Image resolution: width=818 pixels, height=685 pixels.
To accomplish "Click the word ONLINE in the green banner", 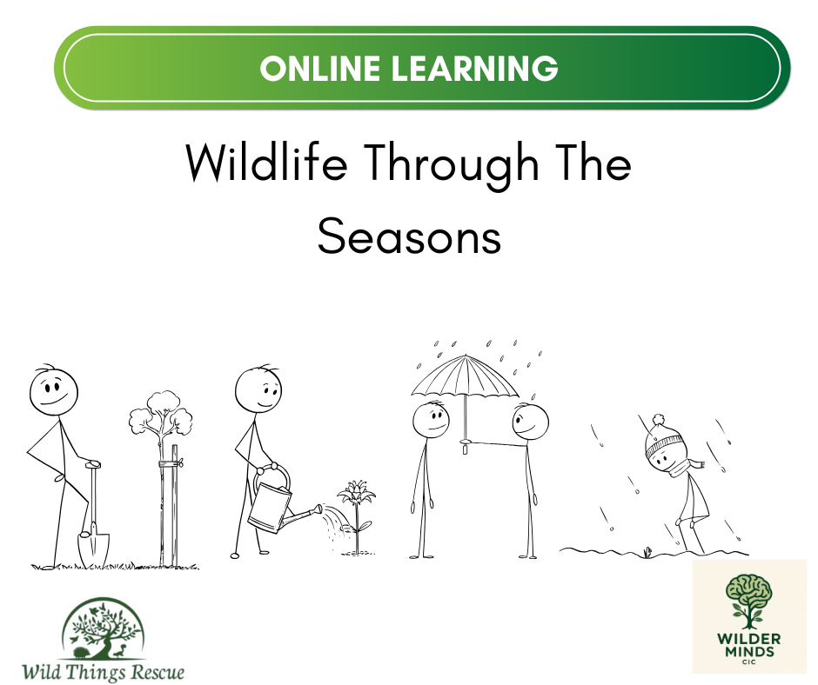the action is pyautogui.click(x=319, y=69).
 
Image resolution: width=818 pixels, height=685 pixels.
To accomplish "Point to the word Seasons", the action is pyautogui.click(x=410, y=236).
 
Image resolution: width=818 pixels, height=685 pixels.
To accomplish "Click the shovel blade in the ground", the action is pyautogui.click(x=93, y=549).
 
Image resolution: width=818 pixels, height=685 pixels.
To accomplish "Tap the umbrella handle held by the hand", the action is pyautogui.click(x=464, y=446).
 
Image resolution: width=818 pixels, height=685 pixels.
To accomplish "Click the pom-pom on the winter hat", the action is pyautogui.click(x=659, y=420).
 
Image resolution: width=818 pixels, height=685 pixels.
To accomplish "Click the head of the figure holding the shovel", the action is pyautogui.click(x=53, y=392).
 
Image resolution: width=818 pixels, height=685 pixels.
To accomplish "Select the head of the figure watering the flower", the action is pyautogui.click(x=258, y=390).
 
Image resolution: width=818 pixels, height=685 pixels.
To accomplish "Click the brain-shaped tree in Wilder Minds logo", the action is pyautogui.click(x=749, y=601).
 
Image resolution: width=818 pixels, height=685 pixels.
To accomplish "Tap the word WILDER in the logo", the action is pyautogui.click(x=749, y=639).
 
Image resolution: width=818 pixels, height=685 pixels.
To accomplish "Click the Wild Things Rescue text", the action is pyautogui.click(x=103, y=671).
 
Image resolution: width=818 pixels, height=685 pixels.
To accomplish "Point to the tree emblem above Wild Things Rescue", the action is pyautogui.click(x=103, y=628).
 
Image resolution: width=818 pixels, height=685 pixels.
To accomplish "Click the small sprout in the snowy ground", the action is pyautogui.click(x=647, y=551).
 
